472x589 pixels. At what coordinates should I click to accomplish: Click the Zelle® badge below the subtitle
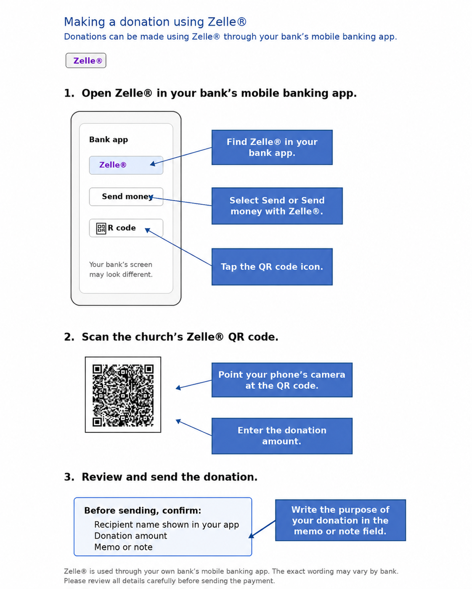pos(86,60)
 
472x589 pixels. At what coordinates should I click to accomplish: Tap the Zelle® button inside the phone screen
pos(126,165)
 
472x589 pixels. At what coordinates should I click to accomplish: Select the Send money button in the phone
pos(126,197)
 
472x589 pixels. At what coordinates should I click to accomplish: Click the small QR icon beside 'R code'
pos(101,228)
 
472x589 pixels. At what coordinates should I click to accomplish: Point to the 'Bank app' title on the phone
pos(109,139)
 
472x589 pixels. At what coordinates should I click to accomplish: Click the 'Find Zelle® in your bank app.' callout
pos(272,147)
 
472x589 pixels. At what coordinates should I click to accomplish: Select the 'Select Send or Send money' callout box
pos(277,206)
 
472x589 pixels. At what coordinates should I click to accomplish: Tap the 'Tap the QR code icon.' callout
pos(272,267)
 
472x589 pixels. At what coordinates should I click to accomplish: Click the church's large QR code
pos(123,394)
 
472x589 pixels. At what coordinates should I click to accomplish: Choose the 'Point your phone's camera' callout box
pos(282,380)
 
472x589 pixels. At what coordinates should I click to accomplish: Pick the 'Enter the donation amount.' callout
pos(282,436)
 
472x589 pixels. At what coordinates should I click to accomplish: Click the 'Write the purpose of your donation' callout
pos(340,520)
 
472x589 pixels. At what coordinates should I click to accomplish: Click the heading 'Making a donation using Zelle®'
pos(155,22)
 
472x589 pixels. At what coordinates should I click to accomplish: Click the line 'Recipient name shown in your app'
pos(167,525)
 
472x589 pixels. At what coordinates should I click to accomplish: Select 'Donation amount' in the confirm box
pos(130,536)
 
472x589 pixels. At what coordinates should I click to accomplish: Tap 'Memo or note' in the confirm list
pos(123,547)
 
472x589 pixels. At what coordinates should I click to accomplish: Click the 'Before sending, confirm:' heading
pos(143,511)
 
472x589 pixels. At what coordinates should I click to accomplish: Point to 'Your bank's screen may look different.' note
pos(121,270)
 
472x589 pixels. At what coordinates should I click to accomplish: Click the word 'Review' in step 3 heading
pos(102,477)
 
